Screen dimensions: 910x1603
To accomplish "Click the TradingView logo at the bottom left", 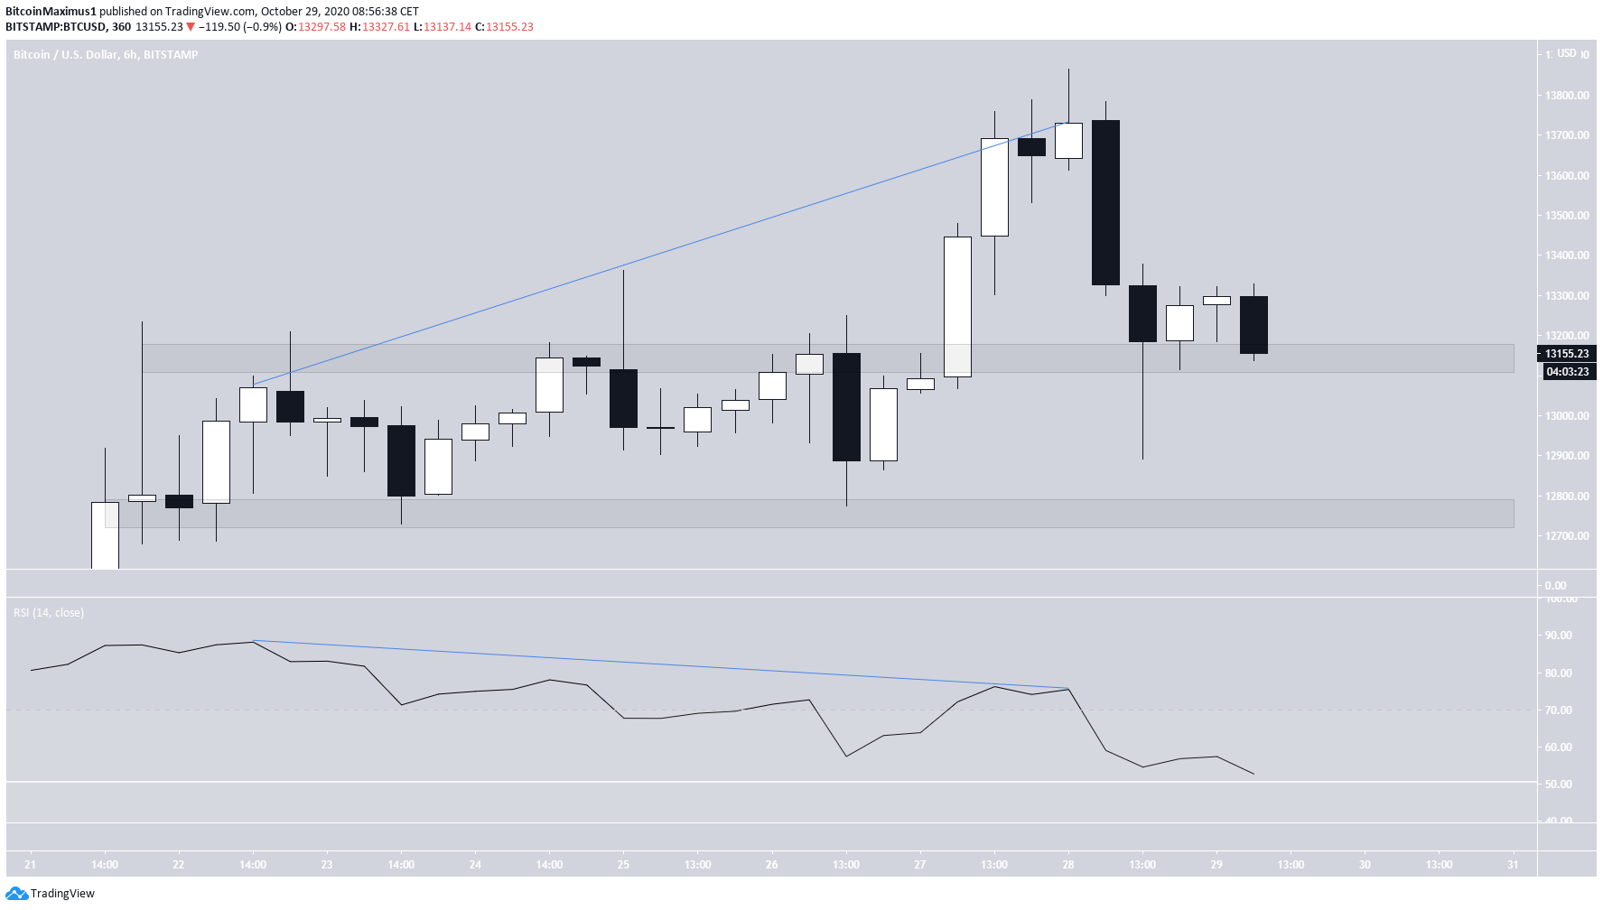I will (51, 893).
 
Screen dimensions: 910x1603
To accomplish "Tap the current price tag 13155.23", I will (1566, 354).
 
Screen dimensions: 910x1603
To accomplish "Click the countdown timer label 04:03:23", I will (1566, 372).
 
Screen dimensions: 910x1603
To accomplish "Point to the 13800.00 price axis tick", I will (1567, 96).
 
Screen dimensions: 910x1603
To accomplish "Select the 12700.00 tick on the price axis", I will (1567, 536).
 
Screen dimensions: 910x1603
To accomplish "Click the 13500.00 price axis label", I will (1567, 216).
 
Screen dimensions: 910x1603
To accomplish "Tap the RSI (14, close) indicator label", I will (49, 613).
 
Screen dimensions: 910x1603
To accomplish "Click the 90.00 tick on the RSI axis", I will (1558, 636).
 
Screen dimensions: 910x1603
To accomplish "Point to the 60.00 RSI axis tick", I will (1558, 747).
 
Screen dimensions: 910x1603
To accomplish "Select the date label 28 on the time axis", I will (1068, 865).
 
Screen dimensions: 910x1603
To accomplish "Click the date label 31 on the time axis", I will (1513, 865).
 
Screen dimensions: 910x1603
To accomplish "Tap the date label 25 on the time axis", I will (623, 865).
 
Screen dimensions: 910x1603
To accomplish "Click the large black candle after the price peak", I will (1105, 202).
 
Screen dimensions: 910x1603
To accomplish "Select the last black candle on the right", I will (1254, 325).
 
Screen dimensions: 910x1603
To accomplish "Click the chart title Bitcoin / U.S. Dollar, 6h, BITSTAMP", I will (106, 55).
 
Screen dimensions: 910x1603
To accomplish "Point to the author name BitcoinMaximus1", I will (51, 12).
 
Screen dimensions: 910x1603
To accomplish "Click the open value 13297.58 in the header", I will (322, 27).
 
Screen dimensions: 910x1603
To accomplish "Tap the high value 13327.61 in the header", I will (386, 27).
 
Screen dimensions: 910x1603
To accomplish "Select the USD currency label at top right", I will (1567, 53).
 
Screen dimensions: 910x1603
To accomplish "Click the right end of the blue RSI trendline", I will (1068, 689).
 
